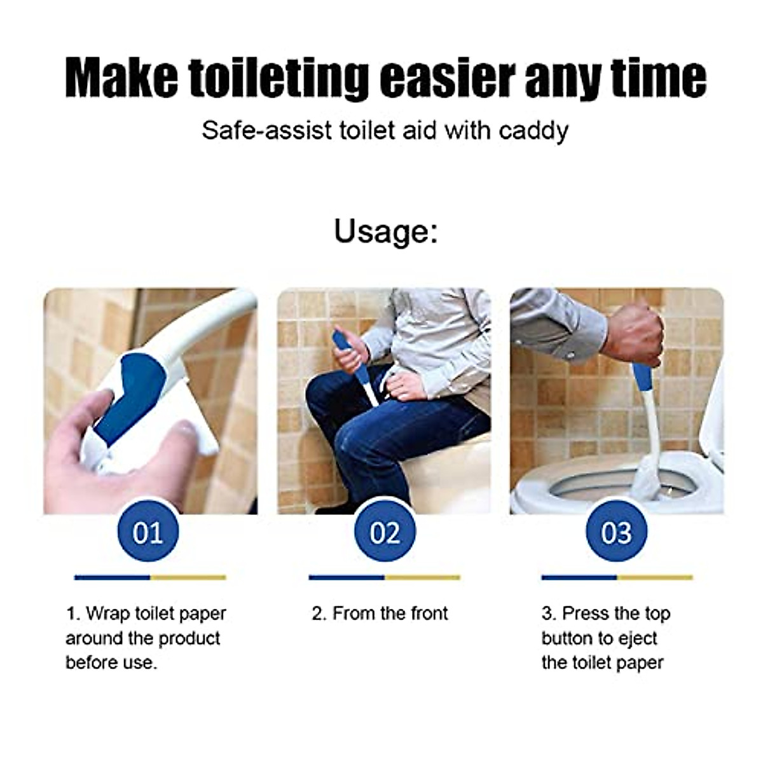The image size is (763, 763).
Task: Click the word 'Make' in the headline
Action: tap(121, 78)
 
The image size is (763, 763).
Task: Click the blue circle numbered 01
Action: tap(148, 532)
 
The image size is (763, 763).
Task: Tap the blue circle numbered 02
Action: tap(385, 532)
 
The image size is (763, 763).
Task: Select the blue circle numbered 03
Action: tap(616, 532)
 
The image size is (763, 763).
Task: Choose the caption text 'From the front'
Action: tap(390, 614)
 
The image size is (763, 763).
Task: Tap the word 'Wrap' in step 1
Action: tap(107, 614)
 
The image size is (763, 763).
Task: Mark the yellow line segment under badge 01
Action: tap(188, 577)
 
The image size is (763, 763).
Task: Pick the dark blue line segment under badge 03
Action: tap(579, 577)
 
